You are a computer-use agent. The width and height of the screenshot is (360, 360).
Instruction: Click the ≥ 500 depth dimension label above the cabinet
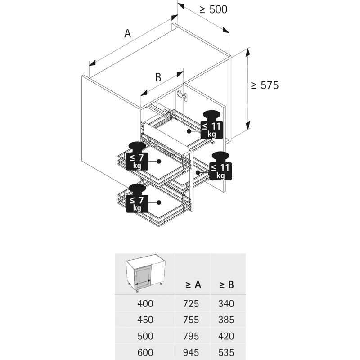[x=213, y=9]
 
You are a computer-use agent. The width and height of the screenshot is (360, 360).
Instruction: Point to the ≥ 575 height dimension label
[x=265, y=85]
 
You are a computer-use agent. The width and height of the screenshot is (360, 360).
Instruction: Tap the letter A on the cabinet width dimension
[x=127, y=33]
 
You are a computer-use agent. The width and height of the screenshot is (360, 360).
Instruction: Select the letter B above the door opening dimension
[x=158, y=77]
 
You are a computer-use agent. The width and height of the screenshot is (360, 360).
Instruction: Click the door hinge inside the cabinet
[x=181, y=94]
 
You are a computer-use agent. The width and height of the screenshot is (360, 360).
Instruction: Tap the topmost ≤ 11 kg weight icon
[x=212, y=125]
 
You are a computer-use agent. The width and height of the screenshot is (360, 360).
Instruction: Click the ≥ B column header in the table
[x=226, y=284]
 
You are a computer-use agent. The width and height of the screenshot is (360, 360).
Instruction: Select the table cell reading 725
[x=191, y=304]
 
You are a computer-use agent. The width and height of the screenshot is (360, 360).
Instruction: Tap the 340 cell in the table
[x=226, y=304]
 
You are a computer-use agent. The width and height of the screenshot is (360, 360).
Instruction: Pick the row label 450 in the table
[x=145, y=320]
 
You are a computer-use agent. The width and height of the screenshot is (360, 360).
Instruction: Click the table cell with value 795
[x=191, y=336]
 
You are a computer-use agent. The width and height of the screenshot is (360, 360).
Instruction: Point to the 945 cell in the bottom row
[x=191, y=352]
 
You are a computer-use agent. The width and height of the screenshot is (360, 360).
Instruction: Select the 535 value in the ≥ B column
[x=226, y=352]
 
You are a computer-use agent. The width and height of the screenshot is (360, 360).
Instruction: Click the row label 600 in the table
[x=145, y=352]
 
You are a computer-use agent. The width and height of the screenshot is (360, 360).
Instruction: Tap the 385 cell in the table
[x=226, y=320]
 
